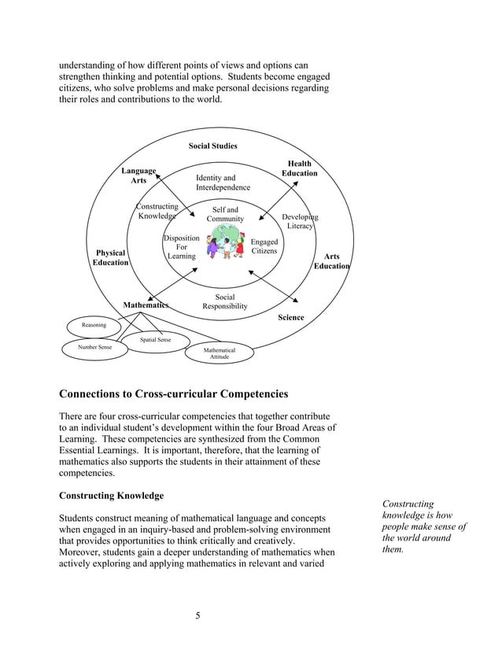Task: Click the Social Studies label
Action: pos(212,146)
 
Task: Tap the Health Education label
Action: pos(299,168)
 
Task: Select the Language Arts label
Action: pos(138,175)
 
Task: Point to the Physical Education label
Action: pos(110,257)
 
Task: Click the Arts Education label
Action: pos(331,261)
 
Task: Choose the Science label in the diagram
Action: pos(290,317)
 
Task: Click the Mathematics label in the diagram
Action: pos(146,305)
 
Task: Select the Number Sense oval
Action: pos(94,347)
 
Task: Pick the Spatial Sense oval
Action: pos(155,340)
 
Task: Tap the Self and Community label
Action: pos(225,214)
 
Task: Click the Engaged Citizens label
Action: pos(264,246)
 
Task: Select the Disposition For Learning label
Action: pos(180,247)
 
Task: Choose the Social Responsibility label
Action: pos(225,301)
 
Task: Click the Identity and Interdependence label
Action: pos(223,183)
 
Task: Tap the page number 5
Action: pos(197,615)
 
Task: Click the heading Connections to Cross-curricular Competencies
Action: pos(174,393)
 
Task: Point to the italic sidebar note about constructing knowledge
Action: pos(423,526)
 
